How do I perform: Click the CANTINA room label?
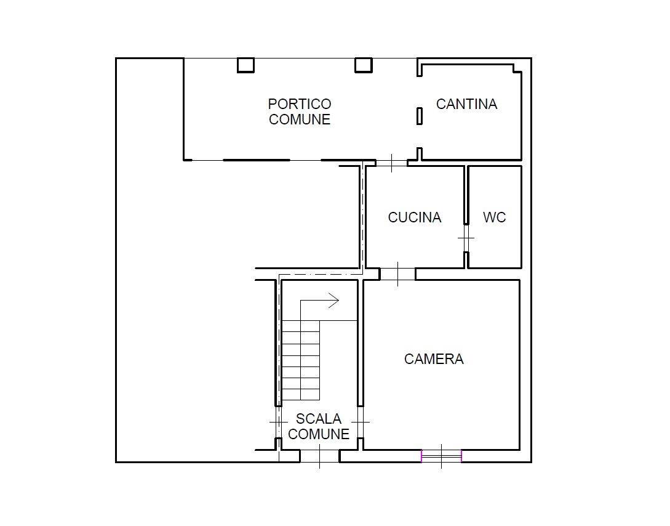pyautogui.click(x=466, y=104)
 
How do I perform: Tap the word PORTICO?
pyautogui.click(x=300, y=104)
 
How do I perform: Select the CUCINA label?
pyautogui.click(x=415, y=217)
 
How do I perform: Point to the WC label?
pyautogui.click(x=495, y=217)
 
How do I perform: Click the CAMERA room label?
pyautogui.click(x=434, y=359)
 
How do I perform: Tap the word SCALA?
pyautogui.click(x=318, y=418)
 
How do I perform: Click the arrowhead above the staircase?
pyautogui.click(x=333, y=300)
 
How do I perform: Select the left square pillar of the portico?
pyautogui.click(x=245, y=65)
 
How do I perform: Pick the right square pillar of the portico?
pyautogui.click(x=364, y=65)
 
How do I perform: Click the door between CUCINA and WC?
pyautogui.click(x=466, y=238)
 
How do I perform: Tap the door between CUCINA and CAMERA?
pyautogui.click(x=397, y=274)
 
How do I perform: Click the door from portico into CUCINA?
pyautogui.click(x=392, y=163)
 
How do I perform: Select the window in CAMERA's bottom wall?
pyautogui.click(x=441, y=456)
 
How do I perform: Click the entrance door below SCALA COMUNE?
pyautogui.click(x=319, y=456)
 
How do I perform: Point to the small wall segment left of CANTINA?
pyautogui.click(x=420, y=116)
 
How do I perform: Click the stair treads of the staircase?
pyautogui.click(x=301, y=360)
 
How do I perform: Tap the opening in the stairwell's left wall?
pyautogui.click(x=278, y=422)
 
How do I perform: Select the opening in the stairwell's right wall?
pyautogui.click(x=360, y=422)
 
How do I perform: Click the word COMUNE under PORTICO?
pyautogui.click(x=300, y=119)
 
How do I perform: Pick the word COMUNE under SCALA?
pyautogui.click(x=319, y=434)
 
